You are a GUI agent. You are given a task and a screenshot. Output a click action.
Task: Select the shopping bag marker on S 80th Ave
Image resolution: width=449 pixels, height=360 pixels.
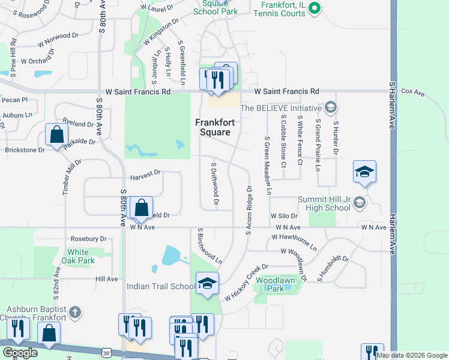coord(140,208)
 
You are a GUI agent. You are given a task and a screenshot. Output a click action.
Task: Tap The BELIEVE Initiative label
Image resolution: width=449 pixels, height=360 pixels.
coord(281,108)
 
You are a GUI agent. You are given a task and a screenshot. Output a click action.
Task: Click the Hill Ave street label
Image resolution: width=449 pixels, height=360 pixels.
coord(107,279)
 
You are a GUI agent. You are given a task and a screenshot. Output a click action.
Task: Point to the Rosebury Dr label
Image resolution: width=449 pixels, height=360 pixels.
coord(88,238)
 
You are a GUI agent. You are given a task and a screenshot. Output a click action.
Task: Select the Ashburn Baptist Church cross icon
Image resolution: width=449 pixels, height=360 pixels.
coord(74,311)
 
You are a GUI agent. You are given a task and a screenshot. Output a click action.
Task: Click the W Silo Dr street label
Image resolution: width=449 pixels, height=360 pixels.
coord(285,215)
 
